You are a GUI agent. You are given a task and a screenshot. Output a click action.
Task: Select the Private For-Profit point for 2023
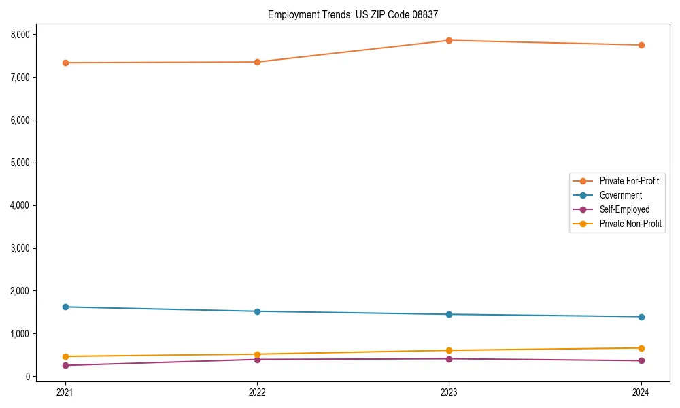(x=449, y=40)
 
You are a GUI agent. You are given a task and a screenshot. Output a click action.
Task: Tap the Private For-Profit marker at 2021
(x=65, y=63)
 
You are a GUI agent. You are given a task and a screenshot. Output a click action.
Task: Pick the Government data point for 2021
(x=65, y=307)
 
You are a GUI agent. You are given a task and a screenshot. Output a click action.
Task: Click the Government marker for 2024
(x=641, y=317)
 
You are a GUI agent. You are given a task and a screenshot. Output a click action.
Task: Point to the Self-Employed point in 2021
(x=65, y=365)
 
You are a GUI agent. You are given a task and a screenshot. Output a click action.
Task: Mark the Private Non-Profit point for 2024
(x=641, y=348)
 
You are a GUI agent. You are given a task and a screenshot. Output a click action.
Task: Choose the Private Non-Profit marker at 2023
(x=449, y=350)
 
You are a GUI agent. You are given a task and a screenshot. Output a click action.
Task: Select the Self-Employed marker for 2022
(x=257, y=359)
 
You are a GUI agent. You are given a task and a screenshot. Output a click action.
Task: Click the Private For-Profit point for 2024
(x=641, y=45)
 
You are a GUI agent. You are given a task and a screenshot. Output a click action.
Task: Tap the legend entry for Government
(x=620, y=195)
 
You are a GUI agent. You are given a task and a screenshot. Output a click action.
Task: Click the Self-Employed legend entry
(x=624, y=209)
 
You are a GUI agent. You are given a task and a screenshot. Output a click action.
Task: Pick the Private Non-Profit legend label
(x=630, y=224)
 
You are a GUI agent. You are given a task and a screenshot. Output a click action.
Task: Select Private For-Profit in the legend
(x=629, y=181)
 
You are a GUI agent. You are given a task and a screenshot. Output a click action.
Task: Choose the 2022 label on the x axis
(x=257, y=392)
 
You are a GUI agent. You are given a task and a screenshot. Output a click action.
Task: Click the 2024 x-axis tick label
(x=641, y=392)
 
